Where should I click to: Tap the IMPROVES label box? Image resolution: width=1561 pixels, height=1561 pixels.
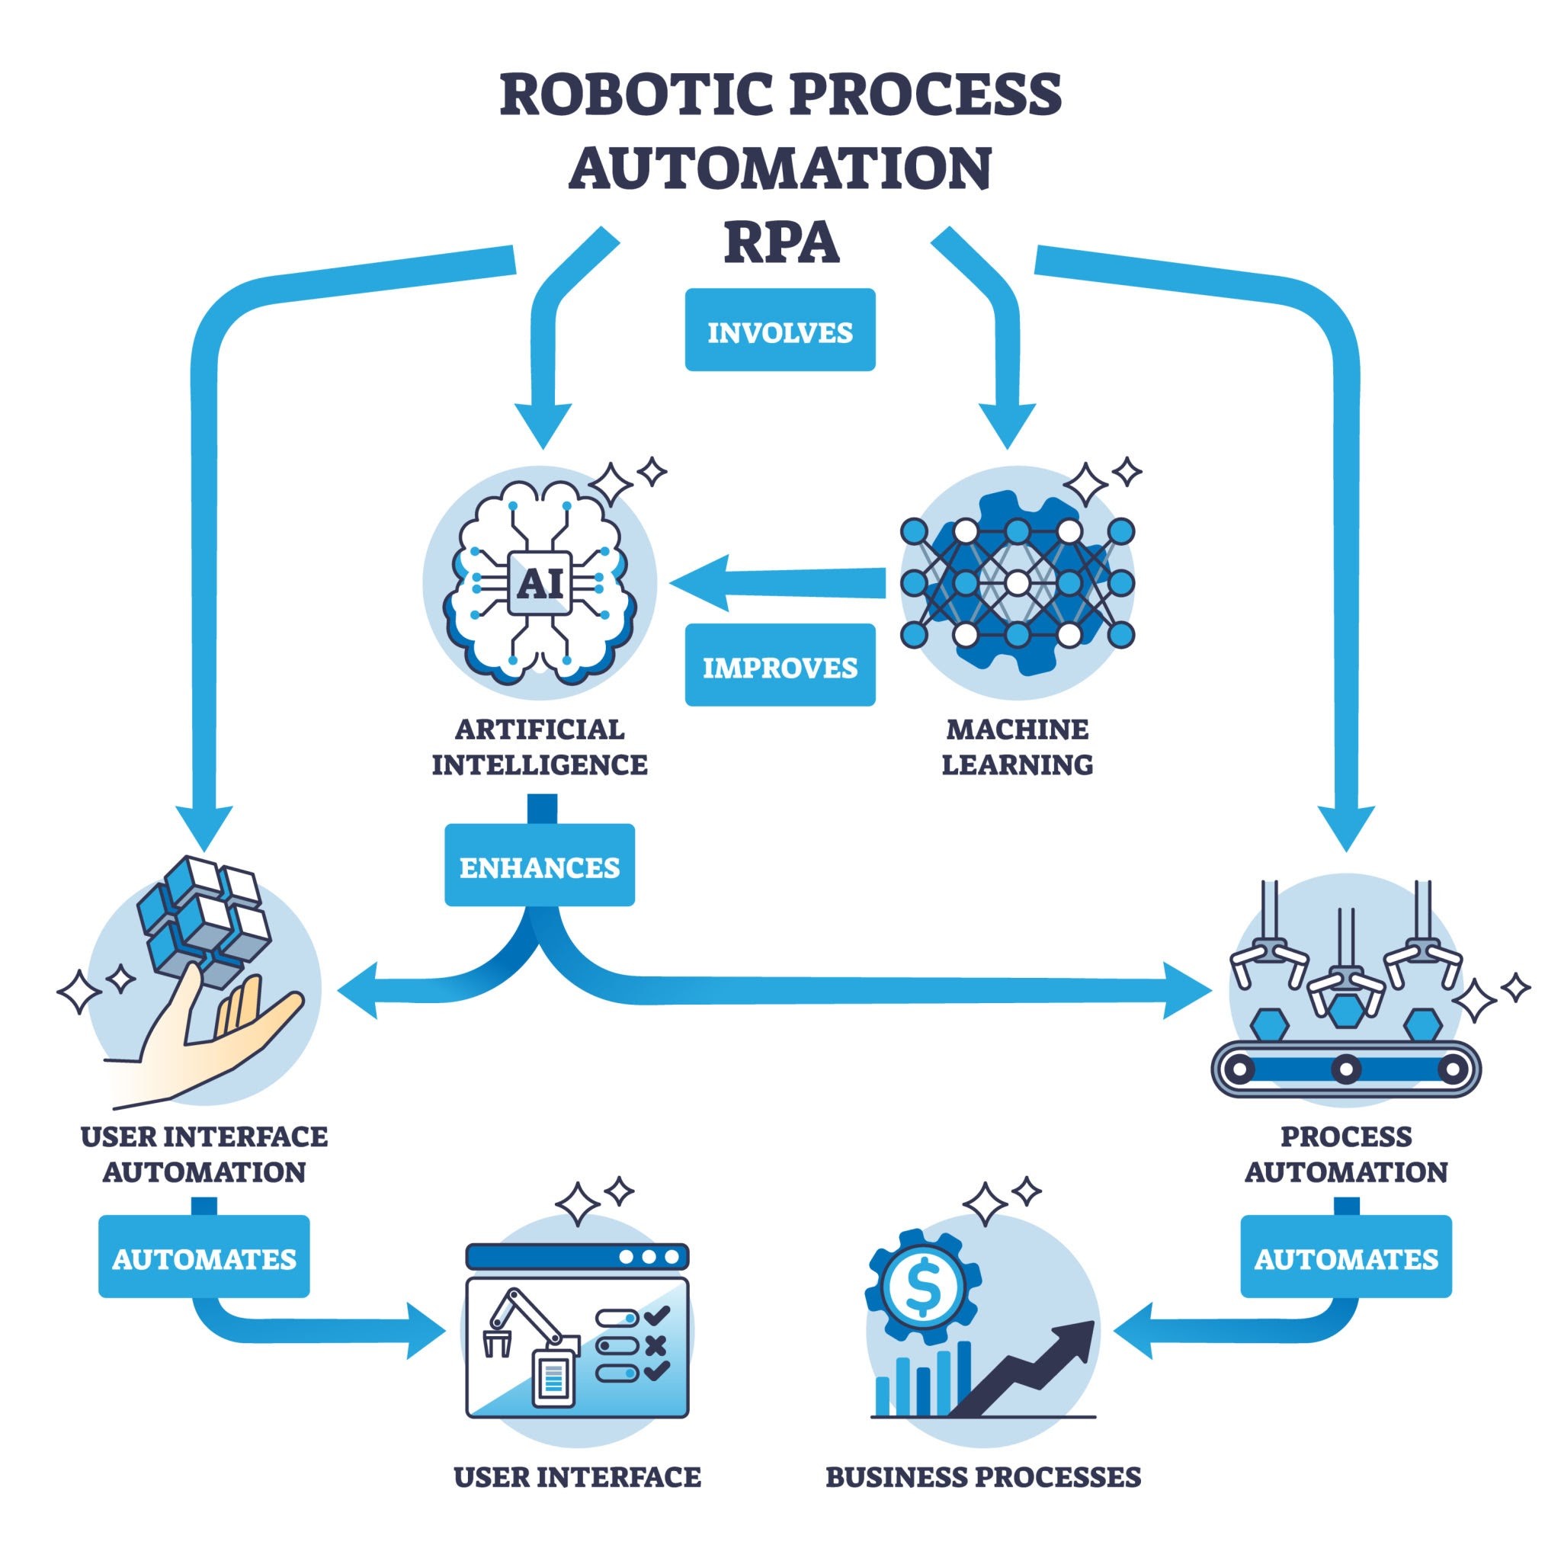pyautogui.click(x=780, y=665)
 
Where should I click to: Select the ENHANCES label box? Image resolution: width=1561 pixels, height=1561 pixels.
pyautogui.click(x=540, y=865)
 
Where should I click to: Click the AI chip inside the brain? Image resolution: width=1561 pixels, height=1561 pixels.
pyautogui.click(x=540, y=582)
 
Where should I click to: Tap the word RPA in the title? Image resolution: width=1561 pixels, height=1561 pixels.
pyautogui.click(x=780, y=242)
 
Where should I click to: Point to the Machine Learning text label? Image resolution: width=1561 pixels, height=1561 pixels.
pyautogui.click(x=1018, y=745)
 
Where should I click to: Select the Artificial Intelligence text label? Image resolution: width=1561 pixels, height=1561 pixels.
pyautogui.click(x=540, y=745)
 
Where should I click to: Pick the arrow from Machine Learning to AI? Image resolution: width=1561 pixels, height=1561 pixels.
pyautogui.click(x=776, y=582)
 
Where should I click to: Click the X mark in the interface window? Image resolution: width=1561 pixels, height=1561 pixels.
pyautogui.click(x=656, y=1345)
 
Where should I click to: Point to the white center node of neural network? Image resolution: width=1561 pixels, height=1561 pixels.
pyautogui.click(x=1018, y=582)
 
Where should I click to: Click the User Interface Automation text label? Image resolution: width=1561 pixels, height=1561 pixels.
pyautogui.click(x=204, y=1154)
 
